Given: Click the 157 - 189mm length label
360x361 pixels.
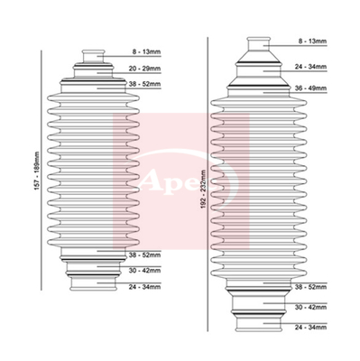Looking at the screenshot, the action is click(37, 171).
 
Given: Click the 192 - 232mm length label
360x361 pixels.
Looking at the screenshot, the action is click(203, 190).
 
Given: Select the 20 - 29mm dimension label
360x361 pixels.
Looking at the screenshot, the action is click(144, 69).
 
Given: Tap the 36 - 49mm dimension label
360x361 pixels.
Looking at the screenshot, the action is click(310, 88).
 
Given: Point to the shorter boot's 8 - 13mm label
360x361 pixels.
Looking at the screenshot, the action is click(147, 52).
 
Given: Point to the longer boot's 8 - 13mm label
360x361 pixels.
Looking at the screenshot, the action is click(313, 42).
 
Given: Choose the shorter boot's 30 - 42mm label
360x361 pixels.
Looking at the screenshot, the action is click(144, 271).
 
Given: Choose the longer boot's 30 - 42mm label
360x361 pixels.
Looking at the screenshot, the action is click(310, 308).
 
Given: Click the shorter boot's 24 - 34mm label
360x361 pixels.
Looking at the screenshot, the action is click(144, 287).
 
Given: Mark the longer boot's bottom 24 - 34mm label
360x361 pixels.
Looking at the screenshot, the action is click(310, 328).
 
